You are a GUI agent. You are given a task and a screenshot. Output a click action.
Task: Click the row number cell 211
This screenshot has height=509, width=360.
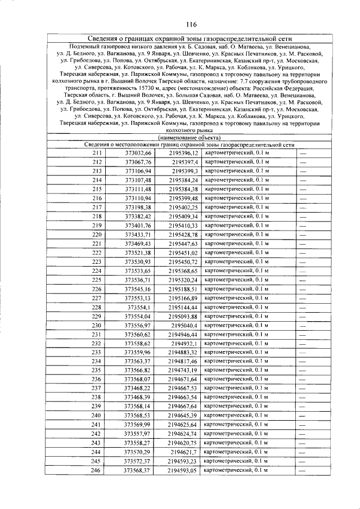[x=97, y=153]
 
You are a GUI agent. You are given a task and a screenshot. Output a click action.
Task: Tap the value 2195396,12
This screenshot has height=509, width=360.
[x=183, y=153]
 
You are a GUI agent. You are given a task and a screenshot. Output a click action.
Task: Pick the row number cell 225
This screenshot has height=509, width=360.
[x=97, y=280]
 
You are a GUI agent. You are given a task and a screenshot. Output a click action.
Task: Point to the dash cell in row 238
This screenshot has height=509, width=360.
[x=302, y=398]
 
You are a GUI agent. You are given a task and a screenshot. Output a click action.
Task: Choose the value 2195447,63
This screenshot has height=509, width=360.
[x=183, y=244]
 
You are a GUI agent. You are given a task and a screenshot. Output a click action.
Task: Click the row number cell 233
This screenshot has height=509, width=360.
[x=97, y=352]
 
